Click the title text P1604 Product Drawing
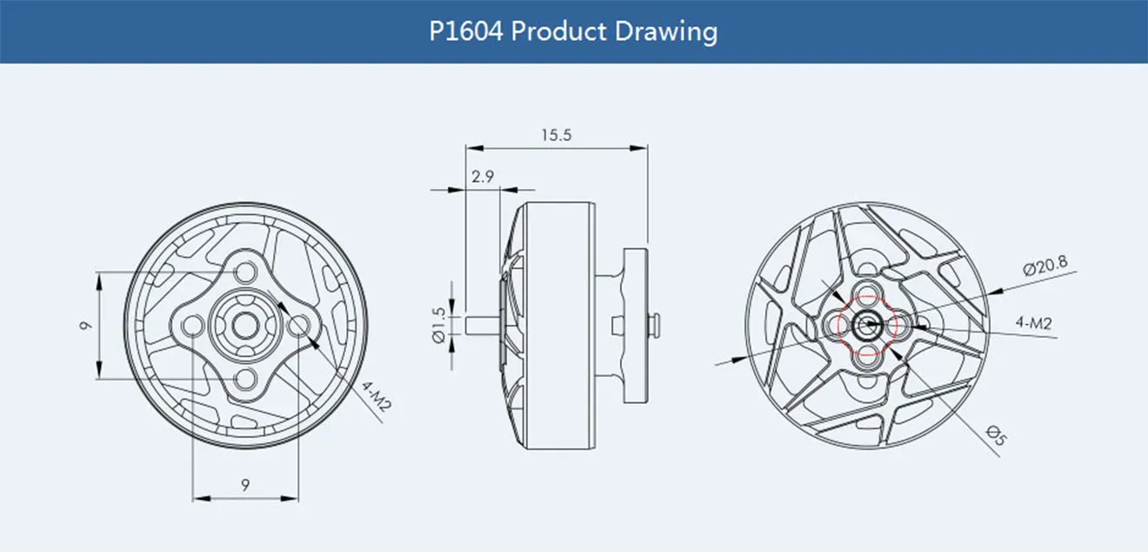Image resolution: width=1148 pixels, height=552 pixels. [x=574, y=31]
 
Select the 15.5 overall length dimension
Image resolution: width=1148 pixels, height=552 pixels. [x=556, y=135]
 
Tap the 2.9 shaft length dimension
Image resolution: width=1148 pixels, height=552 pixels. [x=483, y=177]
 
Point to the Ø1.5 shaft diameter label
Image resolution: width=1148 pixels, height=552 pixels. [x=438, y=324]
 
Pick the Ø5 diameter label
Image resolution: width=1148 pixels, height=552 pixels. [x=996, y=434]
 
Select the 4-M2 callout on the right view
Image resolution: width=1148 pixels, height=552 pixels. [x=1034, y=323]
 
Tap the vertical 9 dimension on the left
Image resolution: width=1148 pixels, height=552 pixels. [x=85, y=326]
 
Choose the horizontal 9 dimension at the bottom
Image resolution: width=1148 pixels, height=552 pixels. [x=246, y=485]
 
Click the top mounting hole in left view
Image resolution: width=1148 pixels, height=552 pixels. [x=246, y=273]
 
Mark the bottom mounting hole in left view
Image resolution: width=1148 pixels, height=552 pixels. [x=246, y=379]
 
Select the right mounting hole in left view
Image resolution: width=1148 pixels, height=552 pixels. [x=298, y=326]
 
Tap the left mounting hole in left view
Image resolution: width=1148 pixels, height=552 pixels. [x=193, y=326]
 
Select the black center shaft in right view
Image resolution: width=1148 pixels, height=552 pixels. [x=866, y=326]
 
